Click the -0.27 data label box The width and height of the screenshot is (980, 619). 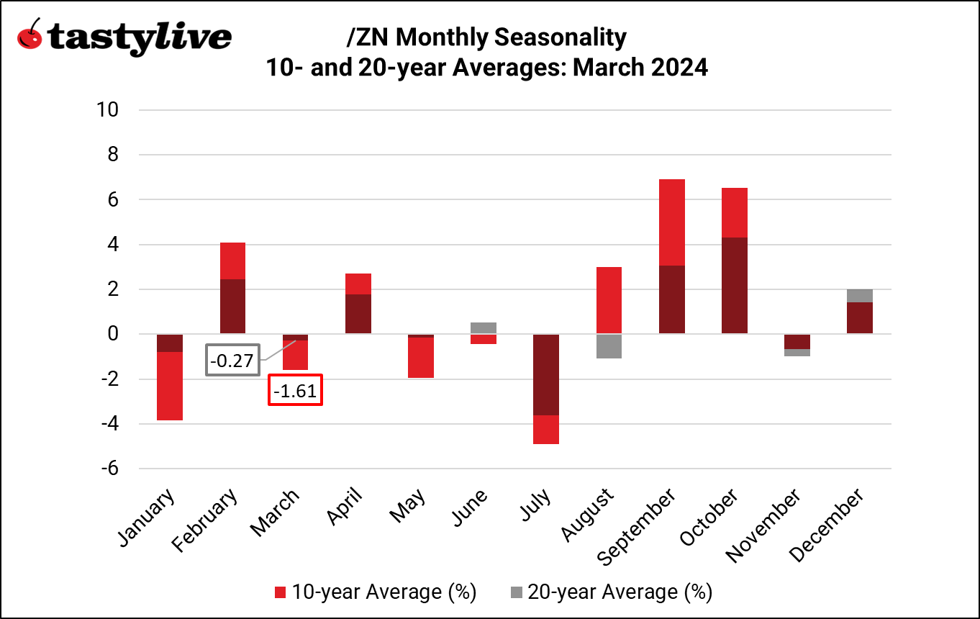[x=232, y=360]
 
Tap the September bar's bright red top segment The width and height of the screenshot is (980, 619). [x=671, y=222]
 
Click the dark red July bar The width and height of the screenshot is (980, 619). [x=545, y=374]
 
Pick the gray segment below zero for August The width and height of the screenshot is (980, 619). [x=609, y=346]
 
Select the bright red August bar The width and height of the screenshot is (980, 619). [x=609, y=300]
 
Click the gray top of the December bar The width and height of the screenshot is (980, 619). [x=860, y=296]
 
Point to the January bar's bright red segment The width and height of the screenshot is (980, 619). [x=169, y=386]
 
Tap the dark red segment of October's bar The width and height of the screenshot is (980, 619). [x=734, y=285]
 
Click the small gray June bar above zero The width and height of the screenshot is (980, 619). [x=483, y=327]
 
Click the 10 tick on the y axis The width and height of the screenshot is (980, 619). [x=109, y=110]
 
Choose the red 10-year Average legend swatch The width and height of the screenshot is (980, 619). [x=281, y=592]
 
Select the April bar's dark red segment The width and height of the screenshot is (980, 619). [x=358, y=314]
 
